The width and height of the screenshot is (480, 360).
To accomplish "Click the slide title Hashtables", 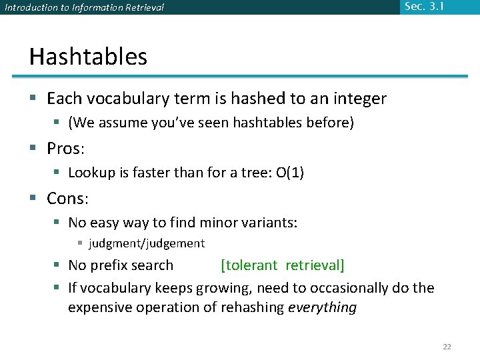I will pyautogui.click(x=88, y=57).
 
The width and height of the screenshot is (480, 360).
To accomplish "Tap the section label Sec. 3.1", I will pyautogui.click(x=423, y=7).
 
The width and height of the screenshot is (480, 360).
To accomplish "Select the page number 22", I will pyautogui.click(x=447, y=346).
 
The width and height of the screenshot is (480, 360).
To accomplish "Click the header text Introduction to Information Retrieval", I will pyautogui.click(x=85, y=8).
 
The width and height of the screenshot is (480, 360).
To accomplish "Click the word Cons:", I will pyautogui.click(x=68, y=198).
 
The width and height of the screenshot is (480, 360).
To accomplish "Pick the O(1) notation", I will pyautogui.click(x=290, y=173).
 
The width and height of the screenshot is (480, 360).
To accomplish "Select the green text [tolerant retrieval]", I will pyautogui.click(x=283, y=265).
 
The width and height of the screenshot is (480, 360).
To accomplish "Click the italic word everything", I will pyautogui.click(x=322, y=307).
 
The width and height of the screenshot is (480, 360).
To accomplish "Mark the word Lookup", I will pyautogui.click(x=90, y=173).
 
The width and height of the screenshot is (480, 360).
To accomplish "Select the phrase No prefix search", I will pyautogui.click(x=121, y=265).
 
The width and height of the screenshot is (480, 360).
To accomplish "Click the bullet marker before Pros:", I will pyautogui.click(x=33, y=149).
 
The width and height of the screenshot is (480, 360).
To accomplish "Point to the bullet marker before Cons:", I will pyautogui.click(x=33, y=199).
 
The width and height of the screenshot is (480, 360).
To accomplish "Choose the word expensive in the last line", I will pyautogui.click(x=99, y=307).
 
